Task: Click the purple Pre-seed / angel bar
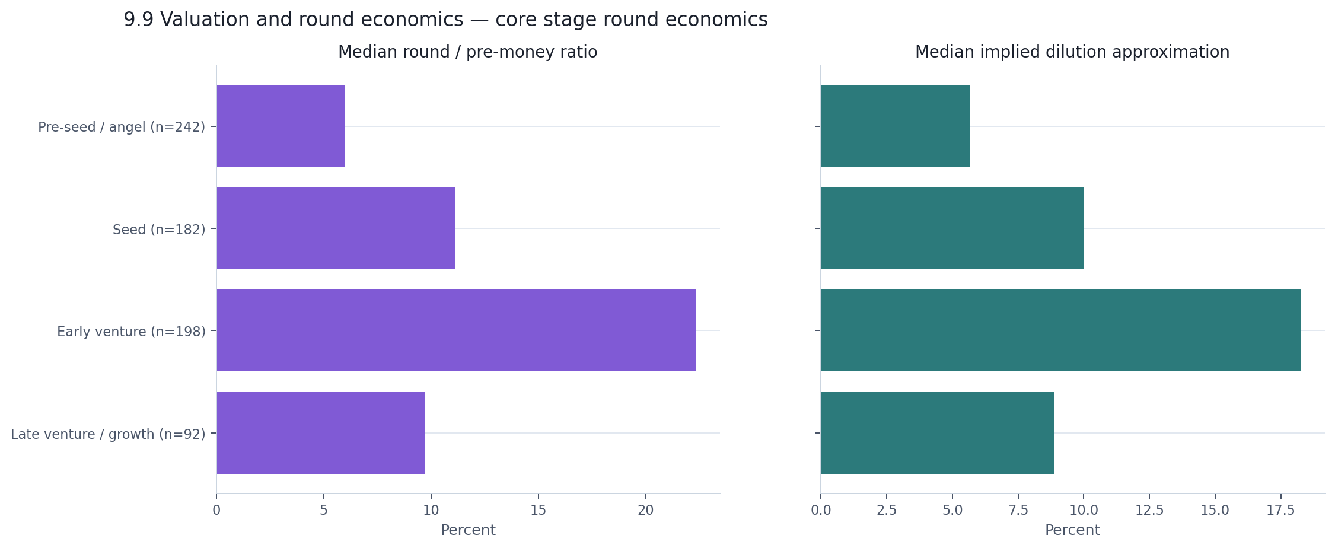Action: click(x=281, y=126)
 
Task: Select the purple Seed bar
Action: click(x=336, y=228)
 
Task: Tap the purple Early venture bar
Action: click(x=456, y=330)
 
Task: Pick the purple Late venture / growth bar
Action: click(x=321, y=433)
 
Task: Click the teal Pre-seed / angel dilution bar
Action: click(x=895, y=126)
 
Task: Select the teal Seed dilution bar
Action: click(x=952, y=228)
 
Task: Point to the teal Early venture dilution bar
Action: click(x=1060, y=330)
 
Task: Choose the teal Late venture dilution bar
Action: click(x=937, y=433)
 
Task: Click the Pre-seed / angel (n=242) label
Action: click(x=122, y=127)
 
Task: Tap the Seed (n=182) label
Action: click(x=159, y=230)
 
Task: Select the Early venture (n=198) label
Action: click(x=131, y=332)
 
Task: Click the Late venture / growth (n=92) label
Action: click(x=108, y=434)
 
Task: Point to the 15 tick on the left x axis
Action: click(x=538, y=510)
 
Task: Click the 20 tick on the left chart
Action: click(x=645, y=510)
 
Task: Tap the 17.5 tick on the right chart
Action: click(x=1281, y=510)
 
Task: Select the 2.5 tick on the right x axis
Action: click(x=887, y=510)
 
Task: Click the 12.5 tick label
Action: click(x=1149, y=510)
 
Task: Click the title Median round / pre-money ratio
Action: click(x=467, y=52)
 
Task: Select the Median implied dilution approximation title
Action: click(x=1072, y=52)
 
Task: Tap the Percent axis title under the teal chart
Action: click(x=1072, y=530)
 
